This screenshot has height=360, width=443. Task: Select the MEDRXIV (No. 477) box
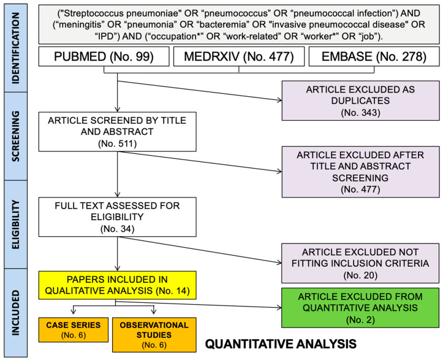(x=238, y=58)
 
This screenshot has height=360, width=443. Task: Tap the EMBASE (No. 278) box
(x=372, y=58)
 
